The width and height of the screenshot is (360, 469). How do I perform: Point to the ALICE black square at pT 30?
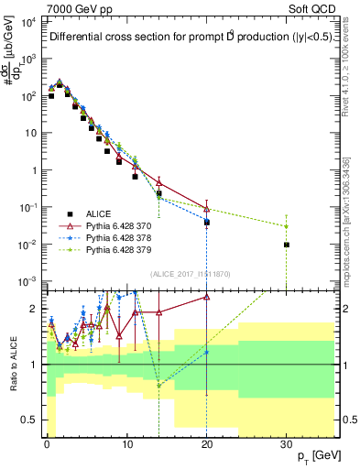coord(287,245)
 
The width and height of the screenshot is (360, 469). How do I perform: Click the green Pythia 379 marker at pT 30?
coord(287,226)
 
